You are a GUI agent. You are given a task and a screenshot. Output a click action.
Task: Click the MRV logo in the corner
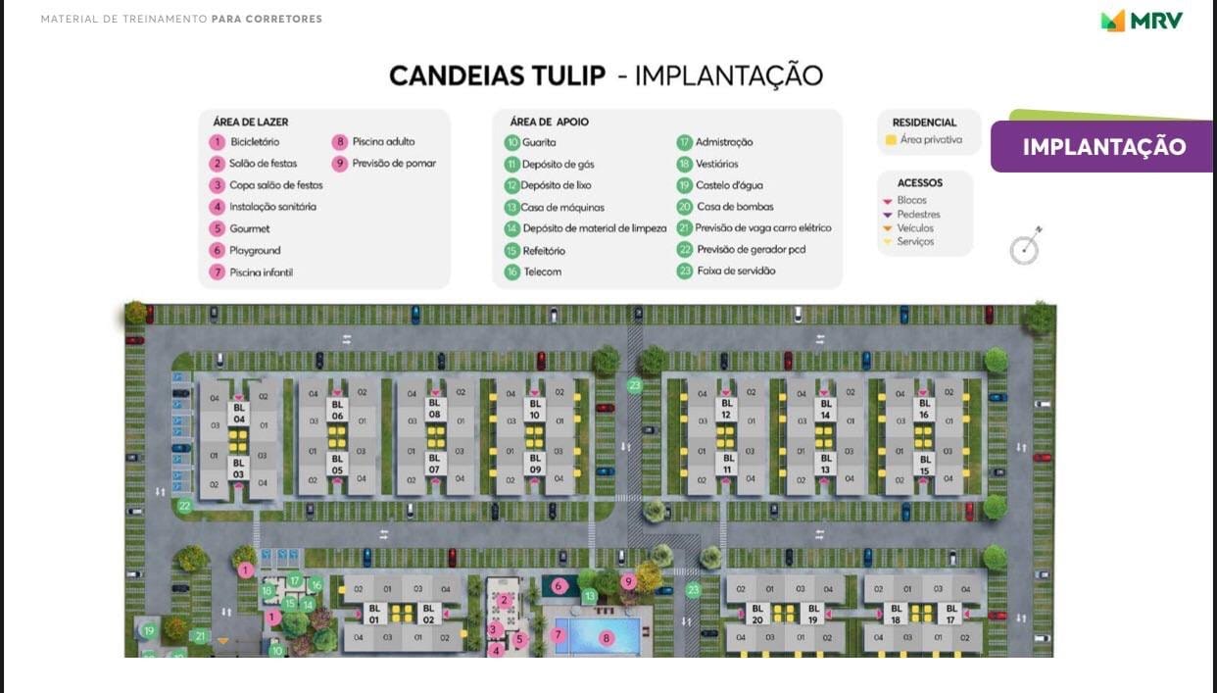point(1142,21)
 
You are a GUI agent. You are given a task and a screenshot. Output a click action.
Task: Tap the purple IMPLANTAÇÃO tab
point(1103,147)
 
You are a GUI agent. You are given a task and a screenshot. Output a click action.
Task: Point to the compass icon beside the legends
point(1025,248)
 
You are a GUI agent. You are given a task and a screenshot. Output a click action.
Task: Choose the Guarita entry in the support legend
point(538,142)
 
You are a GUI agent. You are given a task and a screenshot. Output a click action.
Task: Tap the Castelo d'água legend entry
point(728,185)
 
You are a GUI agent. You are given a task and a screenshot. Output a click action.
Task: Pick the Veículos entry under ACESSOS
point(915,228)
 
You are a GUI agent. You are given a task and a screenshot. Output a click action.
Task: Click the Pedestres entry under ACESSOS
point(918,215)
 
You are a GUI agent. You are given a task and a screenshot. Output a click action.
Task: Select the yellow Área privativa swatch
point(891,140)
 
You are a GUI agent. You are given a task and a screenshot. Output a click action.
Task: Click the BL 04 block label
point(239,413)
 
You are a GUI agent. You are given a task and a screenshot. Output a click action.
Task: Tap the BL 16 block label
point(924,408)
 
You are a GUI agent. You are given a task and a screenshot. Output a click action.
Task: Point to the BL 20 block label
point(756,614)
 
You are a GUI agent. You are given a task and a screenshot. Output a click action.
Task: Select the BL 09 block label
point(535,464)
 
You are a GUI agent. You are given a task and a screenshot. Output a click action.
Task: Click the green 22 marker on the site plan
point(184,507)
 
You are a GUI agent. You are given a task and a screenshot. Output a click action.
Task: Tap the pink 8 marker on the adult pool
point(607,638)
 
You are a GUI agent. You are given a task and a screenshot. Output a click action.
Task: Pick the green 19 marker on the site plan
point(148,630)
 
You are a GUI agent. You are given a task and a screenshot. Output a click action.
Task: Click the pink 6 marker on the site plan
point(559,586)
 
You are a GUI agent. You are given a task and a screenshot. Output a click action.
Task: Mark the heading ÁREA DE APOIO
point(549,123)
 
